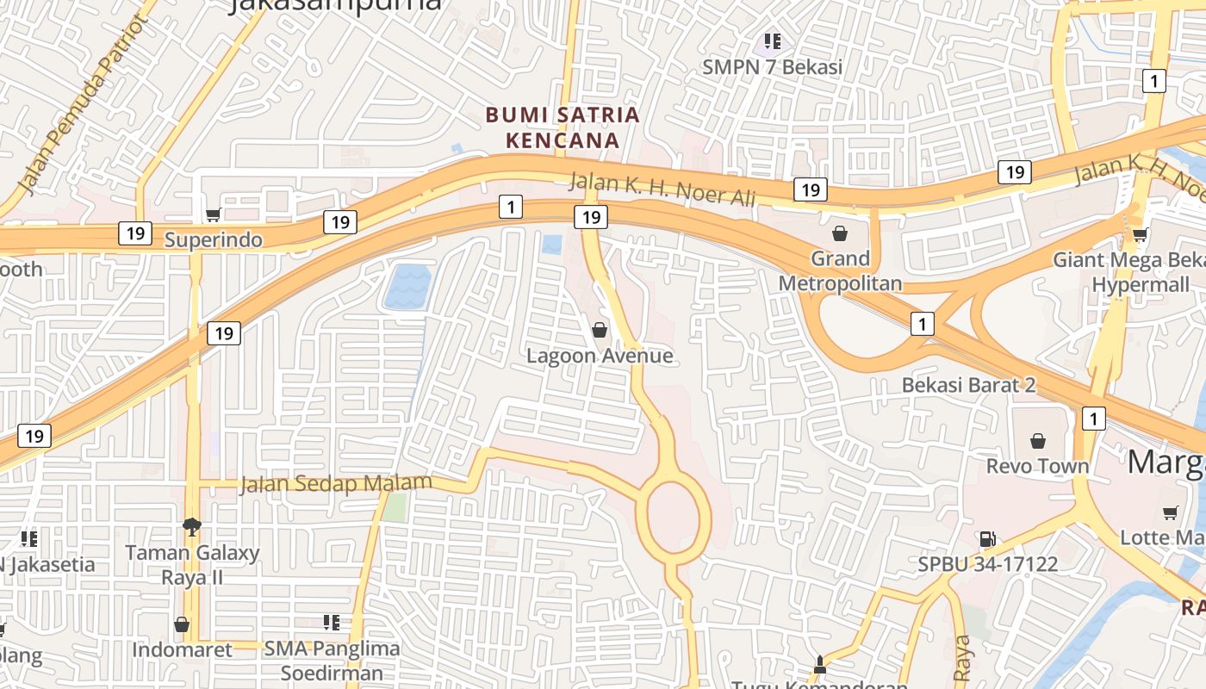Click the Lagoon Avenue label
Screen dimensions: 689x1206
pos(600,356)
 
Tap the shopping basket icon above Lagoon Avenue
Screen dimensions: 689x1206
pos(600,330)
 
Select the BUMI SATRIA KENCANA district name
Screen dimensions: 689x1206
pos(563,127)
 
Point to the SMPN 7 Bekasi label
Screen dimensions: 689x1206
pos(772,66)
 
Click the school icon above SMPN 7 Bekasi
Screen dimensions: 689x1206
pos(773,40)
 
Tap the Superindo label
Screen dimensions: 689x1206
pos(214,239)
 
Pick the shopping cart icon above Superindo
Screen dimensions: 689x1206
pos(213,214)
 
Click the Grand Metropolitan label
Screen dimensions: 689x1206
pos(840,270)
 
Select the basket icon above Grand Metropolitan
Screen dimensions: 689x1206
pos(840,233)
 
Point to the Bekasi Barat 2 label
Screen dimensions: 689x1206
pos(968,385)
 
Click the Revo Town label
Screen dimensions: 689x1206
pos(1037,466)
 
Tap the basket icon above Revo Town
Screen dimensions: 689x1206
pos(1038,441)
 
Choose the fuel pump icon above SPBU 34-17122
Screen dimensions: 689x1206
pos(987,539)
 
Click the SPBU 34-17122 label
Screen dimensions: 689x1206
pos(987,565)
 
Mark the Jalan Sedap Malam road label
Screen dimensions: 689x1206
pos(336,483)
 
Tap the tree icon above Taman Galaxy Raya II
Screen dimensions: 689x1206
pos(192,526)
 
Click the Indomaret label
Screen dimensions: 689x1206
pos(182,649)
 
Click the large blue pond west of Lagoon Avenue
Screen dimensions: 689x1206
pos(407,287)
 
